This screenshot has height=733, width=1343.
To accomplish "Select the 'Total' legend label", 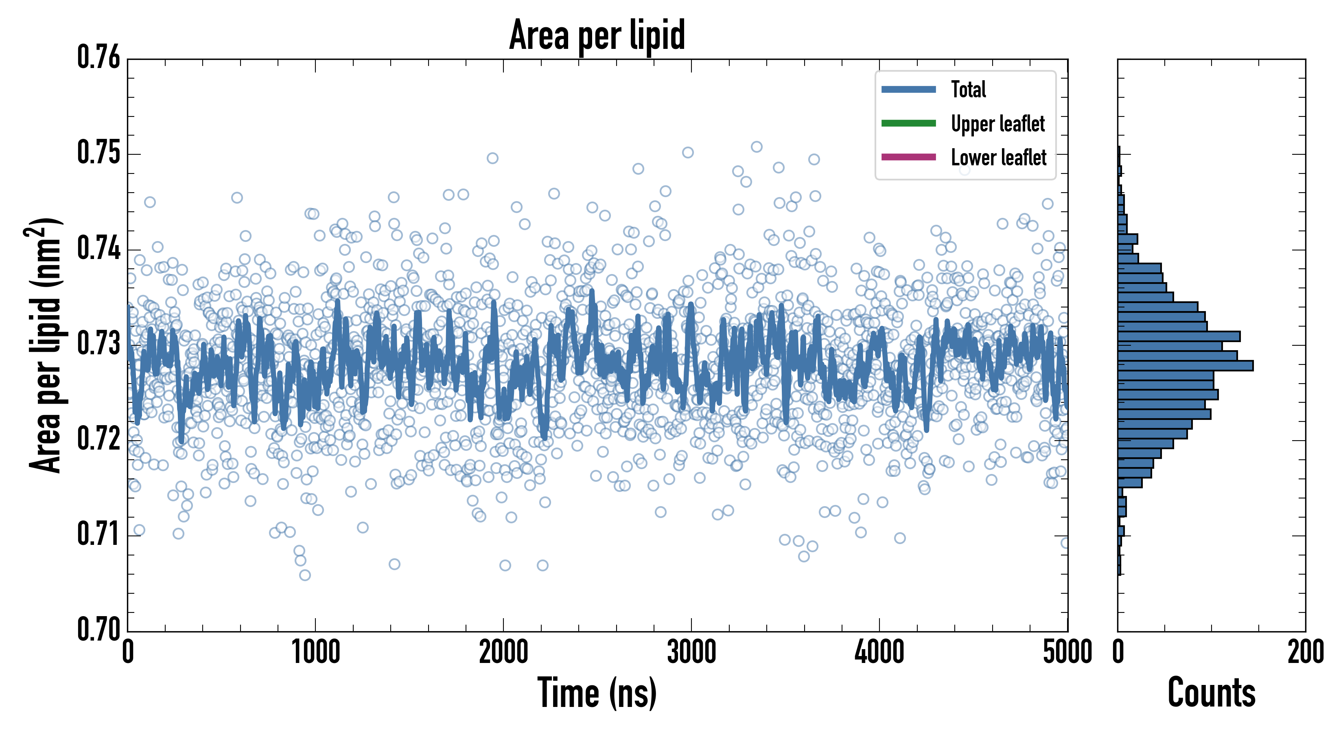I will pos(968,89).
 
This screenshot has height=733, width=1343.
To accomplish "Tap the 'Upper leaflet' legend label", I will pos(997,124).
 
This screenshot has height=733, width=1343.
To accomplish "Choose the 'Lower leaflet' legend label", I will pos(998,158).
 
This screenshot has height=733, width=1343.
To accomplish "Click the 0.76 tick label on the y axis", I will pos(98,57).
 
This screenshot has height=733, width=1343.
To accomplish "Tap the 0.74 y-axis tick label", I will pos(98,248).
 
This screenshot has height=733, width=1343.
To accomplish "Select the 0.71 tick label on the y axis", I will pos(98,534).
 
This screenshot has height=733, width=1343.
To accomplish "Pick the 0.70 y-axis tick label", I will pos(98,629).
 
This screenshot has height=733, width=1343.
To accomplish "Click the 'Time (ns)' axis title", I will pos(597,693).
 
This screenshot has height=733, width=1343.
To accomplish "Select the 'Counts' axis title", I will pos(1211,693).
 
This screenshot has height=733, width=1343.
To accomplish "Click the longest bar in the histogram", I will pos(1185,366).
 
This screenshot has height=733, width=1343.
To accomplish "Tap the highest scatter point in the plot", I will pos(757,147).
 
